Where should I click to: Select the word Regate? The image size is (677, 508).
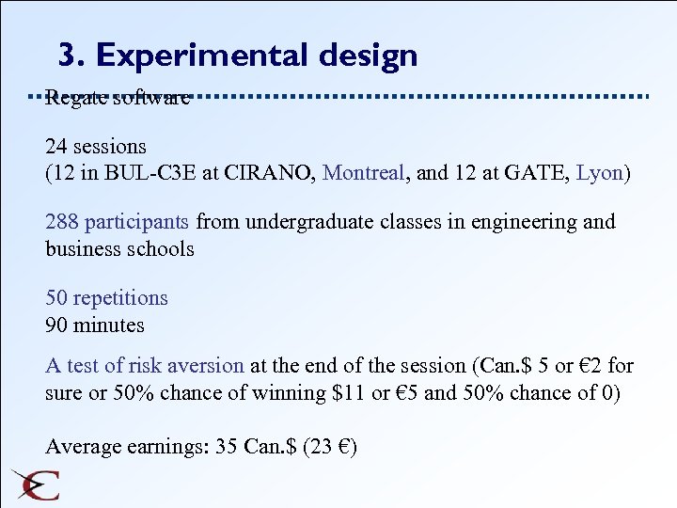pyautogui.click(x=75, y=97)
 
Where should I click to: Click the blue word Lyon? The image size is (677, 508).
pyautogui.click(x=599, y=174)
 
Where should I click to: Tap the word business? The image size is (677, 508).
pyautogui.click(x=83, y=249)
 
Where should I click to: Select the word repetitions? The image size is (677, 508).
pyautogui.click(x=119, y=298)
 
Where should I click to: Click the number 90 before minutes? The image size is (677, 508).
pyautogui.click(x=56, y=325)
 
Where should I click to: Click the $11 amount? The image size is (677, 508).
pyautogui.click(x=343, y=392)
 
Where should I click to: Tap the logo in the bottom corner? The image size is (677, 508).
pyautogui.click(x=36, y=484)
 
